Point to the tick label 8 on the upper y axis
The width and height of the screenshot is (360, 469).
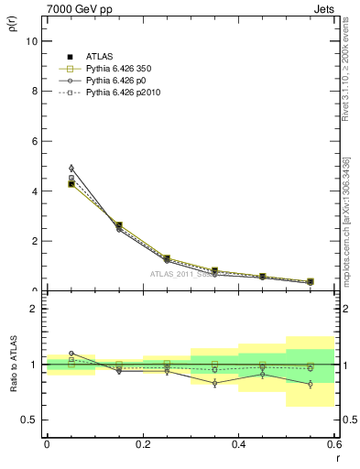click(34, 92)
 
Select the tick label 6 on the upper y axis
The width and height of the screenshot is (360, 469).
click(34, 141)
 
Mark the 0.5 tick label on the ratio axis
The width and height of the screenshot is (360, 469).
click(29, 420)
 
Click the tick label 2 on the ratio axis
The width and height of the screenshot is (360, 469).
click(34, 309)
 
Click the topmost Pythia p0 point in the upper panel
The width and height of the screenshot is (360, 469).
click(71, 169)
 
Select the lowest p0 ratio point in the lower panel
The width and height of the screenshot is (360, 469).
click(311, 385)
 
